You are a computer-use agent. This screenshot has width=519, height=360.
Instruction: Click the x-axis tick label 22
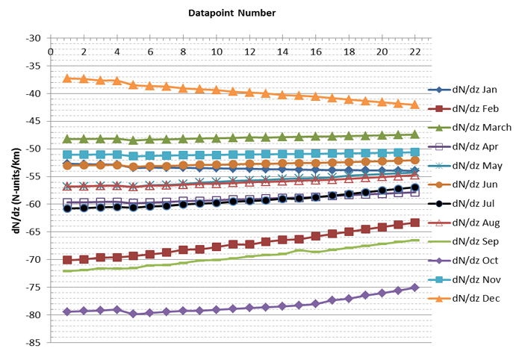pyautogui.click(x=415, y=52)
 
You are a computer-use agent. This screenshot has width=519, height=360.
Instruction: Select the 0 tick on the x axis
pyautogui.click(x=51, y=52)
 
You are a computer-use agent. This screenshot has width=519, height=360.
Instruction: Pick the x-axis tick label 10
pyautogui.click(x=217, y=52)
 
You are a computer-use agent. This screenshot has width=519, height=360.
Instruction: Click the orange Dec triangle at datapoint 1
pyautogui.click(x=67, y=78)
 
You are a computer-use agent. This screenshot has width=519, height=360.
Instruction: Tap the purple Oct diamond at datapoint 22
pyautogui.click(x=415, y=288)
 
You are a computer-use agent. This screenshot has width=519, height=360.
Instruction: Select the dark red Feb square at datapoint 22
pyautogui.click(x=415, y=223)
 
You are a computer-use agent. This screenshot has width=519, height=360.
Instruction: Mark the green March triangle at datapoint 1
pyautogui.click(x=67, y=139)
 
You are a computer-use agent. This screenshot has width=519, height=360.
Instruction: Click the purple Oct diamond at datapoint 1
pyautogui.click(x=67, y=311)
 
